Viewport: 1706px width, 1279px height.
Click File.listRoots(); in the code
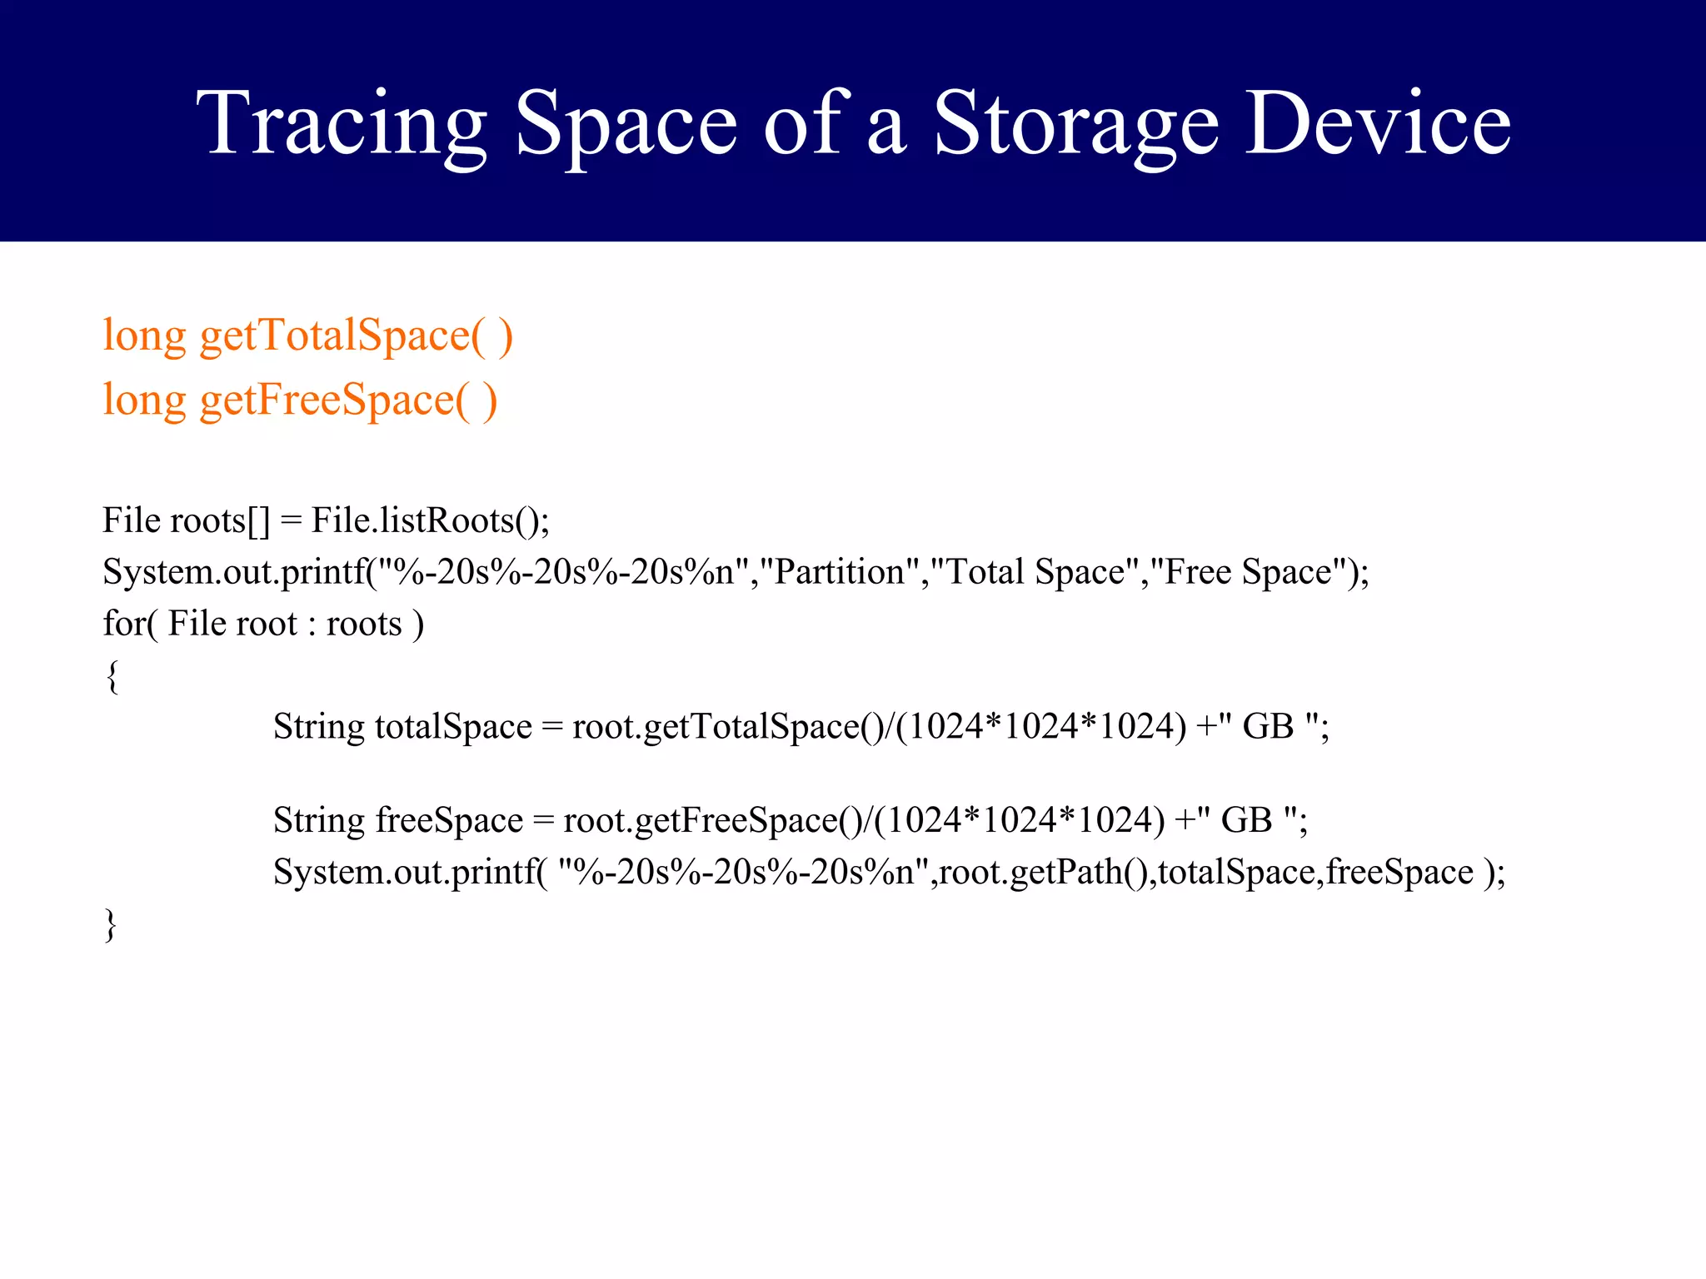(430, 521)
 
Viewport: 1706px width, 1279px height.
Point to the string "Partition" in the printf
(839, 573)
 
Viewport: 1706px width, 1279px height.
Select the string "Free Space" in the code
(1248, 573)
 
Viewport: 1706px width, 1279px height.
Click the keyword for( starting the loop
(129, 624)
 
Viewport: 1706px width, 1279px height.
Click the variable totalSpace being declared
(453, 727)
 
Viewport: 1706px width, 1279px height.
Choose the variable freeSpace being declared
(449, 821)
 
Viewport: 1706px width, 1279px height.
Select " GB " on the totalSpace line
(1268, 727)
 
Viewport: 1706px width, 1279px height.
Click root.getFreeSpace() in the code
(713, 821)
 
